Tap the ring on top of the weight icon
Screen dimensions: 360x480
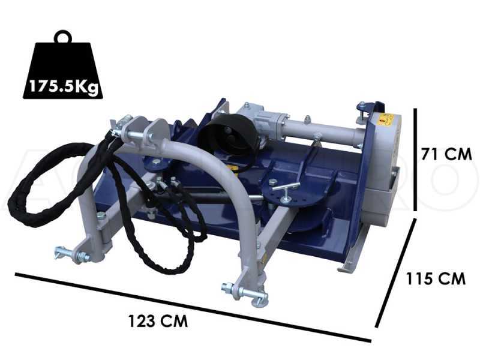click(62, 37)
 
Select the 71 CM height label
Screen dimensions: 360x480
click(446, 154)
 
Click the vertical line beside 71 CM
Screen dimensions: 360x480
click(416, 160)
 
